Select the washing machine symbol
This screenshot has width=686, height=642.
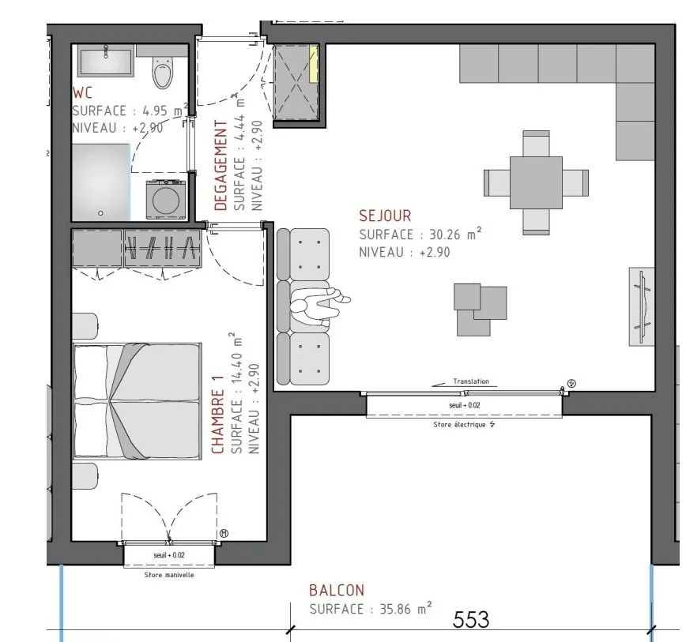(x=165, y=198)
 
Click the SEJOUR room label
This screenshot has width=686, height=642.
(x=385, y=216)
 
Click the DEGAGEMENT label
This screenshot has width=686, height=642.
(x=221, y=165)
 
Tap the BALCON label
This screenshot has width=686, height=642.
(x=337, y=590)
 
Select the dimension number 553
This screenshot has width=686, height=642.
(x=471, y=619)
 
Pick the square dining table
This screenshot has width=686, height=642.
(x=536, y=182)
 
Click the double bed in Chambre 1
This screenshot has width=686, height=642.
(x=138, y=400)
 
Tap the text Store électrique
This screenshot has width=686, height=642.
(x=464, y=424)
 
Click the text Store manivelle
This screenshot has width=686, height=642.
(x=169, y=575)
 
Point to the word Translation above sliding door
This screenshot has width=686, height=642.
(x=470, y=381)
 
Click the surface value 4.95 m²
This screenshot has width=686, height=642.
(x=159, y=110)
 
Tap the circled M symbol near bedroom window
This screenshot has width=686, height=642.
(x=224, y=534)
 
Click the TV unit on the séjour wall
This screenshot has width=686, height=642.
(x=642, y=306)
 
